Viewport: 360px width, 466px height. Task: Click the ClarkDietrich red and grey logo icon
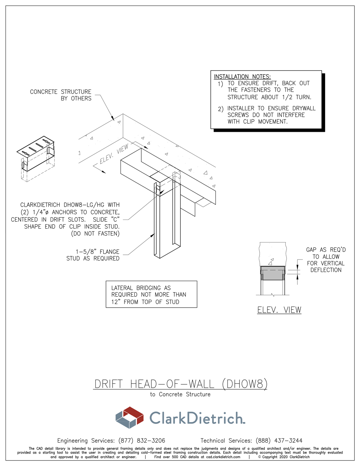130,417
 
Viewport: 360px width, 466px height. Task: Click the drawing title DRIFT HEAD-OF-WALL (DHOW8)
181,384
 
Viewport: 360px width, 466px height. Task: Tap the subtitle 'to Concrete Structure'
180,394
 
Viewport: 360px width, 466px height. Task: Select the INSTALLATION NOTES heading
242,76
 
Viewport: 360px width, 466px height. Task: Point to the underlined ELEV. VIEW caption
279,310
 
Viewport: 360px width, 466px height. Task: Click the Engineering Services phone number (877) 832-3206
142,441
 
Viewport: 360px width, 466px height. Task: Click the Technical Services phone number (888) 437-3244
279,441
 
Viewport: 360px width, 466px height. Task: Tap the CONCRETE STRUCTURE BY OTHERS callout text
61,95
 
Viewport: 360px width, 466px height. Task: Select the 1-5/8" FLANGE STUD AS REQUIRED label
93,255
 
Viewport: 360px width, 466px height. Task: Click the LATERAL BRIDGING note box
151,294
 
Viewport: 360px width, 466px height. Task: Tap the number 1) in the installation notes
220,84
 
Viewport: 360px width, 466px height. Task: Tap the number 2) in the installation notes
221,109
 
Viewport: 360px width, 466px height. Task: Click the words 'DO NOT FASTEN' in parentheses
95,233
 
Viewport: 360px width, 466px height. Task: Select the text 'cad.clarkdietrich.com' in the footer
223,457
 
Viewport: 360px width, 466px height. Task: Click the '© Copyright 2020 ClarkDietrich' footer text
284,457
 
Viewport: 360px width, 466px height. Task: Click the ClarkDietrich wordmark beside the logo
197,418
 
